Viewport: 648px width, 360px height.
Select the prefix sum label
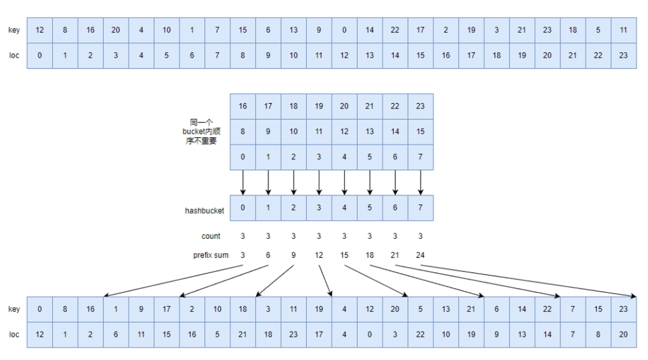point(211,255)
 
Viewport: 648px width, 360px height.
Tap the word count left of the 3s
point(211,236)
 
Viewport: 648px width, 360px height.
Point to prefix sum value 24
point(420,255)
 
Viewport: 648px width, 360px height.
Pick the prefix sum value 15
point(344,255)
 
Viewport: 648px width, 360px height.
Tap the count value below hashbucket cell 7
point(420,236)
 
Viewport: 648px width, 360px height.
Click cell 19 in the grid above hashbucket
point(319,106)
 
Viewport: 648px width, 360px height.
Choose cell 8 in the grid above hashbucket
point(243,131)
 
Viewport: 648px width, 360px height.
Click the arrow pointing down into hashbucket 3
point(319,182)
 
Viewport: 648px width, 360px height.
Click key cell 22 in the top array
point(395,30)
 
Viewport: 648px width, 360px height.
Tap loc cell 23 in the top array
point(623,55)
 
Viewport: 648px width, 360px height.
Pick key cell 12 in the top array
point(40,30)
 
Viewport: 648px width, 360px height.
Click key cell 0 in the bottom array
point(40,310)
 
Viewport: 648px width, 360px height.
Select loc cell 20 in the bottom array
point(623,334)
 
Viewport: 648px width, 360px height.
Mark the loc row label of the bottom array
point(14,334)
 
